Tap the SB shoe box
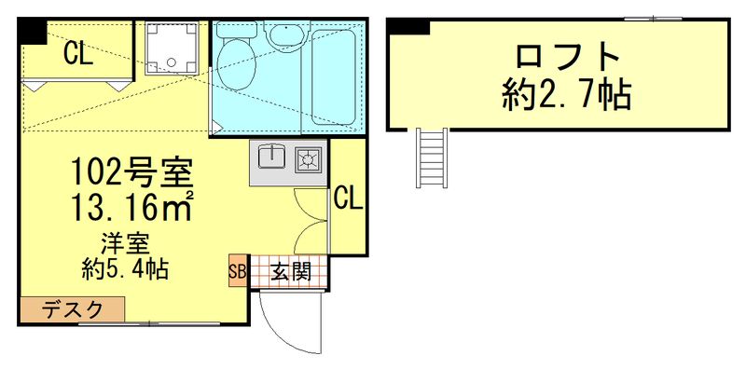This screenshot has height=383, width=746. click(236, 272)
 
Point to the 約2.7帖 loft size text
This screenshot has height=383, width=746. click(566, 95)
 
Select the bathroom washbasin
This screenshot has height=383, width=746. click(281, 36)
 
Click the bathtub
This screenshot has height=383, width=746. click(335, 76)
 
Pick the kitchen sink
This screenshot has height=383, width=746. click(271, 158)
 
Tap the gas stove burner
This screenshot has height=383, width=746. click(308, 159)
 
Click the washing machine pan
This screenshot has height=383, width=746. click(173, 47)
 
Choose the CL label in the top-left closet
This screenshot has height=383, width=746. click(77, 55)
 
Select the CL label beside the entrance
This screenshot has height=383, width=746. click(348, 198)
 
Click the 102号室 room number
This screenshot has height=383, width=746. click(132, 172)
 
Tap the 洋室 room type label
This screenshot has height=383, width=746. click(124, 246)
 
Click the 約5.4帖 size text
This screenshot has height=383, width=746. click(125, 270)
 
